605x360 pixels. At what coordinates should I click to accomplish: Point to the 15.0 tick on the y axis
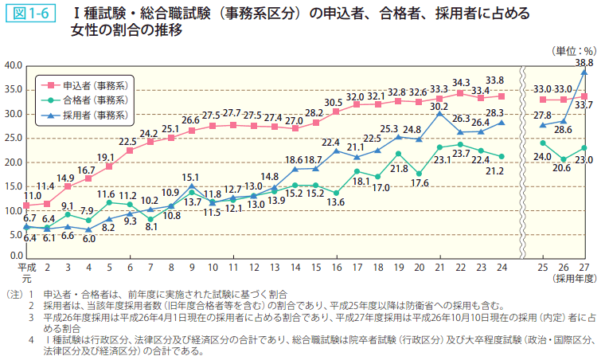tap(12, 186)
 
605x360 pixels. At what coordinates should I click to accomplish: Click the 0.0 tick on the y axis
tap(14, 255)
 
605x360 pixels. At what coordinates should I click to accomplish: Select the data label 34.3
tap(460, 82)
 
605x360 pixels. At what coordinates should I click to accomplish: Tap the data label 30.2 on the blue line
tap(439, 105)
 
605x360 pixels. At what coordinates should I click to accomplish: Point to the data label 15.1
tap(191, 177)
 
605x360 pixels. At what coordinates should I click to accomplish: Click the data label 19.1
tap(107, 157)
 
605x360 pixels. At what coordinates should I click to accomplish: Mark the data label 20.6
tap(564, 170)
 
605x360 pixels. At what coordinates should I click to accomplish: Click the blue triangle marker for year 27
tap(584, 72)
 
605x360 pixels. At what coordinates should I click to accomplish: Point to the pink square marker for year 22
tap(460, 93)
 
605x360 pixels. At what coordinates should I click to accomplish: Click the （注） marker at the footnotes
tap(14, 294)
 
